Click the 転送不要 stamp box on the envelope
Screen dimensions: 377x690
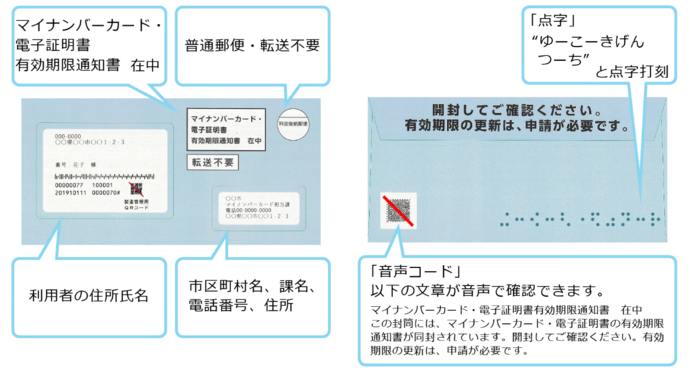[211, 162]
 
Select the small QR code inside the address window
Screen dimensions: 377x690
[136, 188]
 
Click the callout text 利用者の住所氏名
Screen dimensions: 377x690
[89, 296]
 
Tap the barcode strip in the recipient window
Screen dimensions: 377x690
[100, 175]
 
